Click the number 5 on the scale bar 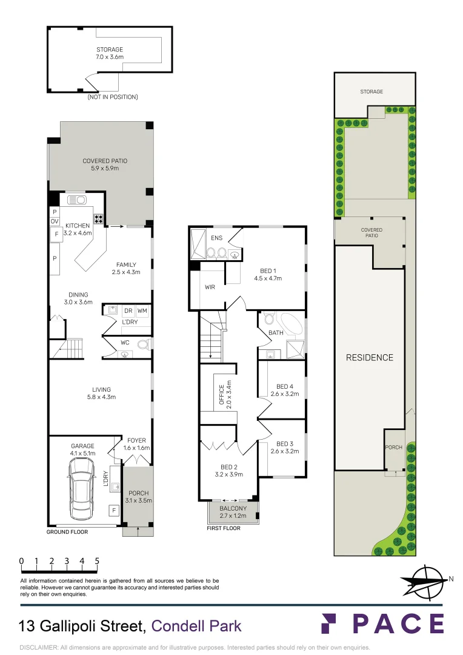[x=97, y=562]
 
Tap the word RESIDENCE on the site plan [x=369, y=357]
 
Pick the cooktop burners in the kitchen [x=98, y=218]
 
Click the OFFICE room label [x=222, y=394]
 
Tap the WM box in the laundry [x=142, y=311]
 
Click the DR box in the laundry [x=128, y=311]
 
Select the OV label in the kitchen [x=55, y=222]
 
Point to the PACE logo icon [x=329, y=623]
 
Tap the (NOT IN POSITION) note [x=113, y=97]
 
